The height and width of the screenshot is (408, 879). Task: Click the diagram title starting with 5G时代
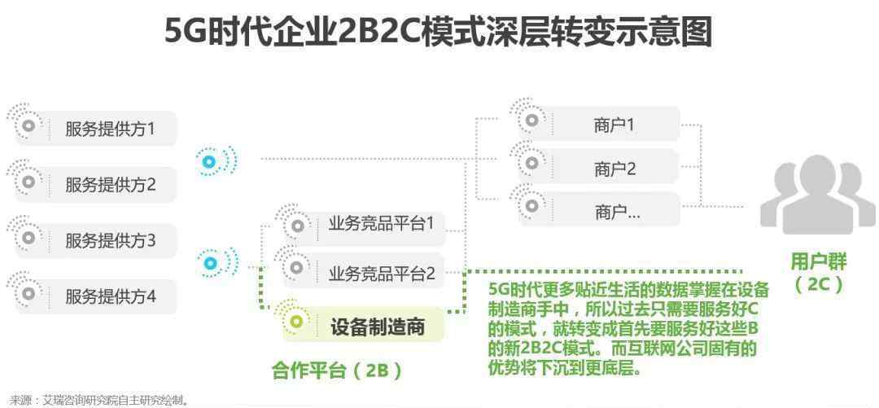pyautogui.click(x=438, y=32)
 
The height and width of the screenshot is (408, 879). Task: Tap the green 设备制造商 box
pyautogui.click(x=363, y=325)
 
